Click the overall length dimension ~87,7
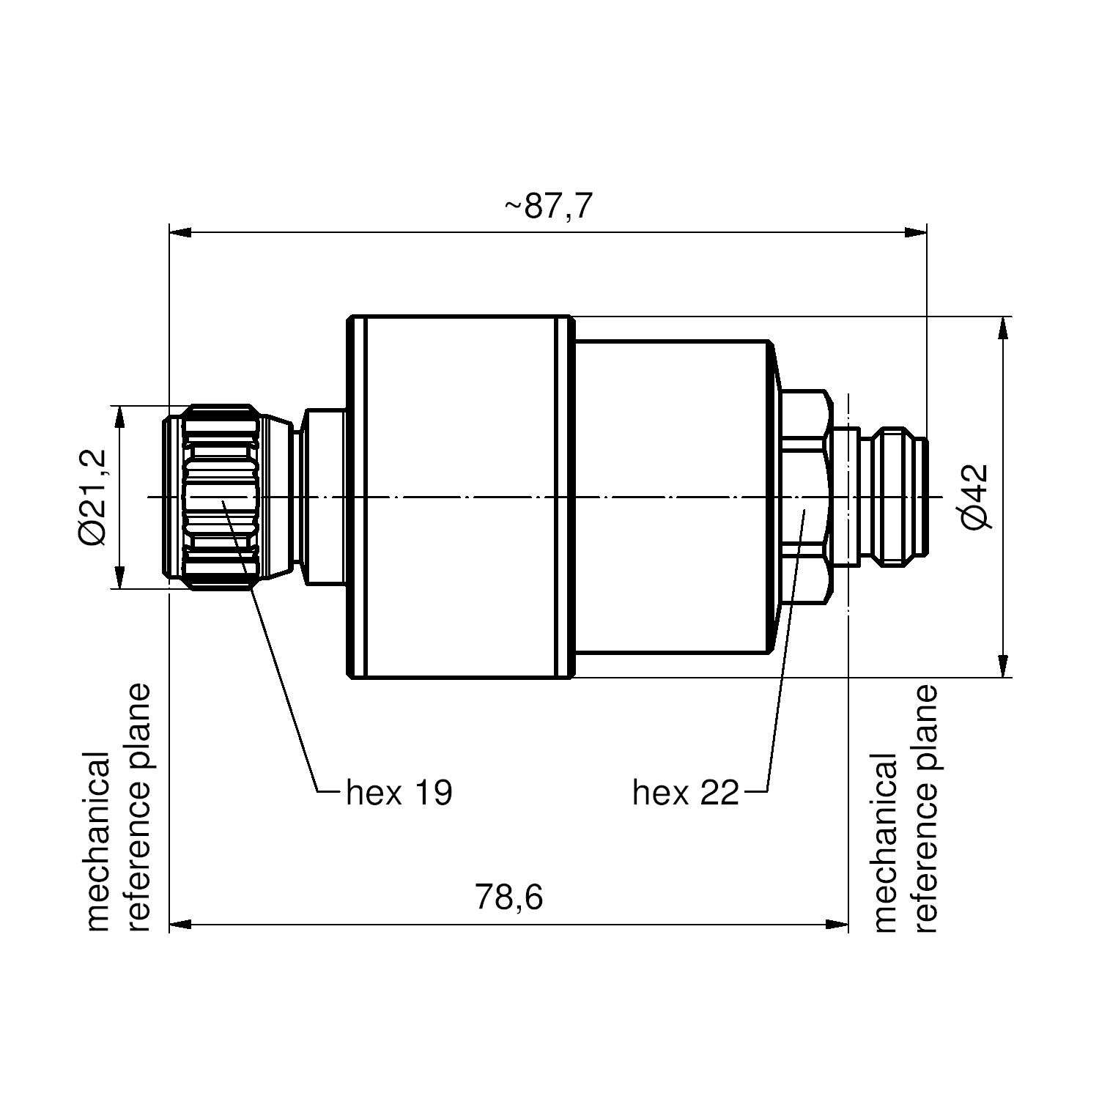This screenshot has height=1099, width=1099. pyautogui.click(x=547, y=207)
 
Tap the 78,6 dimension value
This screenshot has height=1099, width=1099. pyautogui.click(x=509, y=897)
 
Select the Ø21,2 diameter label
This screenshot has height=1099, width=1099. pyautogui.click(x=94, y=497)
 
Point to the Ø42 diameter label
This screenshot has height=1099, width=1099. pyautogui.click(x=975, y=497)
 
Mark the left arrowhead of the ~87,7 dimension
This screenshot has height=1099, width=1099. pyautogui.click(x=181, y=233)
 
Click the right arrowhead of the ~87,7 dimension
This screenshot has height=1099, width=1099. pyautogui.click(x=915, y=233)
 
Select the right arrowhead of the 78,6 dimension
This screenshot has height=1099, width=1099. pyautogui.click(x=837, y=925)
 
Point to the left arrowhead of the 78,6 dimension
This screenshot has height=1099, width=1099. pyautogui.click(x=181, y=925)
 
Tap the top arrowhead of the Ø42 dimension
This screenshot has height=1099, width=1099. pyautogui.click(x=1002, y=328)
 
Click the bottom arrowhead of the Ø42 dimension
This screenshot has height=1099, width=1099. pyautogui.click(x=1002, y=667)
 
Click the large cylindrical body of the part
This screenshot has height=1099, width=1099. pyautogui.click(x=459, y=497)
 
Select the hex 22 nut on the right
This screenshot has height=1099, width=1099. pyautogui.click(x=807, y=497)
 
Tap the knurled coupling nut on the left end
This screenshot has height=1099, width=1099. pyautogui.click(x=212, y=497)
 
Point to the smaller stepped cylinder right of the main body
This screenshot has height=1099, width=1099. pyautogui.click(x=673, y=497)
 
